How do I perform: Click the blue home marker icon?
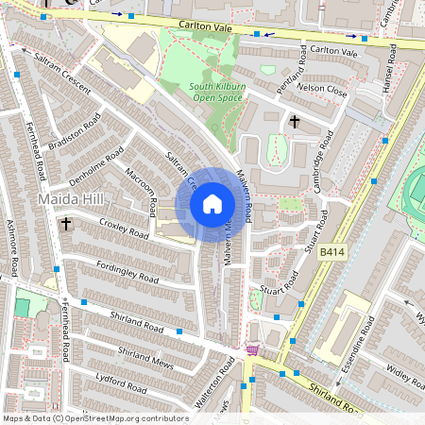pyautogui.click(x=212, y=204)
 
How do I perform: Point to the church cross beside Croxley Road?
pyautogui.click(x=66, y=225)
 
